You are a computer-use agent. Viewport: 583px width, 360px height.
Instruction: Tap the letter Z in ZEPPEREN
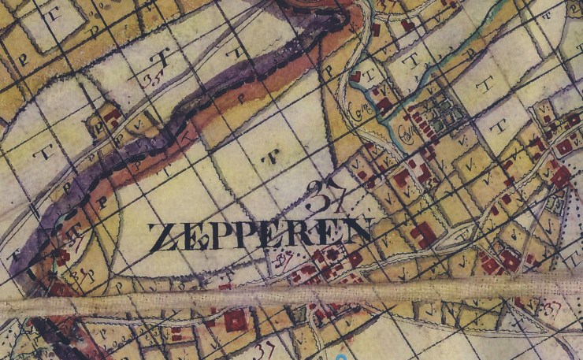pyautogui.click(x=161, y=236)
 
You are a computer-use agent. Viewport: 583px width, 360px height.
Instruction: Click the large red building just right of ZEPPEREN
pyautogui.click(x=422, y=233)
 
